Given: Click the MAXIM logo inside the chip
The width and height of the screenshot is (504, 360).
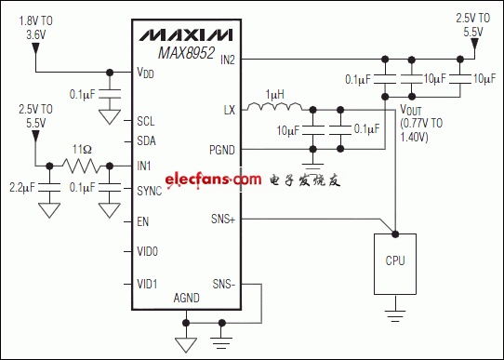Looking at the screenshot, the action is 186,35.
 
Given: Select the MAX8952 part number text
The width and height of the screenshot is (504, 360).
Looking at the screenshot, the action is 186,53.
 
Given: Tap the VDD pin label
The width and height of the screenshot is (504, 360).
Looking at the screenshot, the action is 145,73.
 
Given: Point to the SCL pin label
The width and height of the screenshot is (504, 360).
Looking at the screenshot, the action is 146,121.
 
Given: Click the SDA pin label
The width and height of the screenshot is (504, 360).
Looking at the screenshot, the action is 146,140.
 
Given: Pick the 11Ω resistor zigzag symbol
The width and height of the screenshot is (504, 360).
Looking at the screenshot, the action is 83,167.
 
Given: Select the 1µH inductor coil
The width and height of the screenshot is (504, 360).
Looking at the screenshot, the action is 275,106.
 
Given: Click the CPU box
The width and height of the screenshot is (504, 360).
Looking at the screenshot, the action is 395,264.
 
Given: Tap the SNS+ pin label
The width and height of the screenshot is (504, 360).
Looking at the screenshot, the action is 223,219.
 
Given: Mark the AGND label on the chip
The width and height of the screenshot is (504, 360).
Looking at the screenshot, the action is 186,298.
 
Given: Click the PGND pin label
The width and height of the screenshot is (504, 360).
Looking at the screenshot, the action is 222,150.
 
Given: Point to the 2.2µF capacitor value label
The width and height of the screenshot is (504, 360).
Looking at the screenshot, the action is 22,187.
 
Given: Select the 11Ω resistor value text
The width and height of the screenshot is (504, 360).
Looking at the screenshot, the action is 82,150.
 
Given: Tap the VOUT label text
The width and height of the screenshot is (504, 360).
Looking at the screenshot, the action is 410,111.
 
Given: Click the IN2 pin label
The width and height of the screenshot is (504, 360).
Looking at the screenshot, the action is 228,60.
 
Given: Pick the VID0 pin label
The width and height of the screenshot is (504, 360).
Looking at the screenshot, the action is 147,251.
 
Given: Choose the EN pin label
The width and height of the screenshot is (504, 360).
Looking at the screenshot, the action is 142,221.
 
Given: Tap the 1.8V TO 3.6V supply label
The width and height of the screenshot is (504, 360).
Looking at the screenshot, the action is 35,28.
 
